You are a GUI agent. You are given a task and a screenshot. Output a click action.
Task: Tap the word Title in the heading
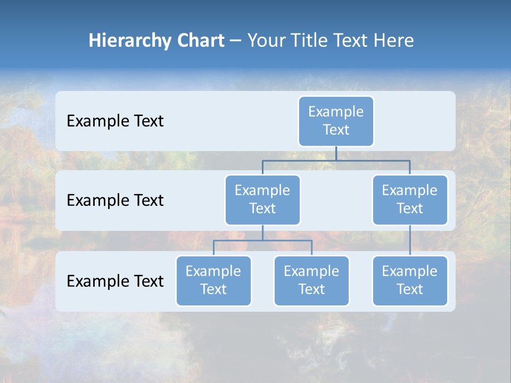(x=310, y=40)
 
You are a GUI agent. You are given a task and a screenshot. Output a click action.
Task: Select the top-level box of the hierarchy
(x=336, y=121)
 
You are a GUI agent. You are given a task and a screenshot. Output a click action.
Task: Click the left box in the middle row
(x=262, y=199)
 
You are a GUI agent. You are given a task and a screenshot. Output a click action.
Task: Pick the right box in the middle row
(x=410, y=199)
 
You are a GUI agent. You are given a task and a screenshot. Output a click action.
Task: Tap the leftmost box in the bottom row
(x=213, y=280)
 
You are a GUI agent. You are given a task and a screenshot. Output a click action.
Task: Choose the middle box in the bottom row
(x=311, y=280)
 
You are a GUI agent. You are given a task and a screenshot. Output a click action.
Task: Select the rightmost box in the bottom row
(x=410, y=280)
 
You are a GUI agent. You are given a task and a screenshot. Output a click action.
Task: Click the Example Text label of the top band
(x=115, y=121)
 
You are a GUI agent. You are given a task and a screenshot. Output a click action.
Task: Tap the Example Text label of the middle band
(x=115, y=200)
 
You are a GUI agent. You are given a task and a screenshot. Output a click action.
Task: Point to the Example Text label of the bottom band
(x=115, y=281)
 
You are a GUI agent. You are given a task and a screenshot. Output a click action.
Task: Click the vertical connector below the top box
(x=336, y=153)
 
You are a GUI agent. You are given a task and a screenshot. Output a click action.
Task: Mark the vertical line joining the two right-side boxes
(x=410, y=240)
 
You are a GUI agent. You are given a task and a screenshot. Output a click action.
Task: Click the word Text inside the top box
(x=336, y=130)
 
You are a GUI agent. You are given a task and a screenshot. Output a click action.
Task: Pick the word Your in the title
(x=266, y=40)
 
